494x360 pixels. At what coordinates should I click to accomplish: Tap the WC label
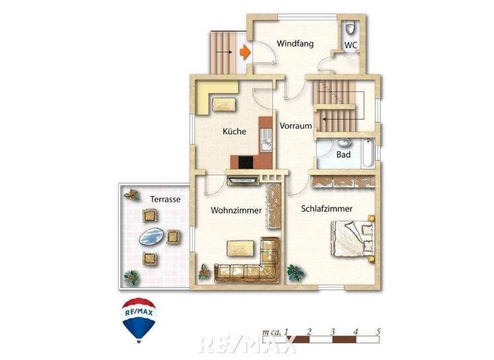tap(351, 45)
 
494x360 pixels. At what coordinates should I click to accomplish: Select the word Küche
tap(234, 131)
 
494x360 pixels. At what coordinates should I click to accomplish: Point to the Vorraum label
tap(296, 127)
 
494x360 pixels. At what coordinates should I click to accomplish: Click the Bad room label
tap(343, 155)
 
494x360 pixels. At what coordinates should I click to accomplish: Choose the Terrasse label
tap(165, 199)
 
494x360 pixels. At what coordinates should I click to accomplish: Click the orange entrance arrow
tap(244, 51)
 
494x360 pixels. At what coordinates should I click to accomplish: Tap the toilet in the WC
tap(350, 28)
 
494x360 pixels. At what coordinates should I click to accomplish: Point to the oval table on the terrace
tap(152, 238)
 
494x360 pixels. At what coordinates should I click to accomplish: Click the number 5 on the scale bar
tap(378, 332)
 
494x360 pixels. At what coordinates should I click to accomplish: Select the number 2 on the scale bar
tap(309, 332)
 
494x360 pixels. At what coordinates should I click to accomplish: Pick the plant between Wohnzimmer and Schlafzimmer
tap(296, 273)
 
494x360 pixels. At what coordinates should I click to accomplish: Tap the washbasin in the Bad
tap(343, 143)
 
